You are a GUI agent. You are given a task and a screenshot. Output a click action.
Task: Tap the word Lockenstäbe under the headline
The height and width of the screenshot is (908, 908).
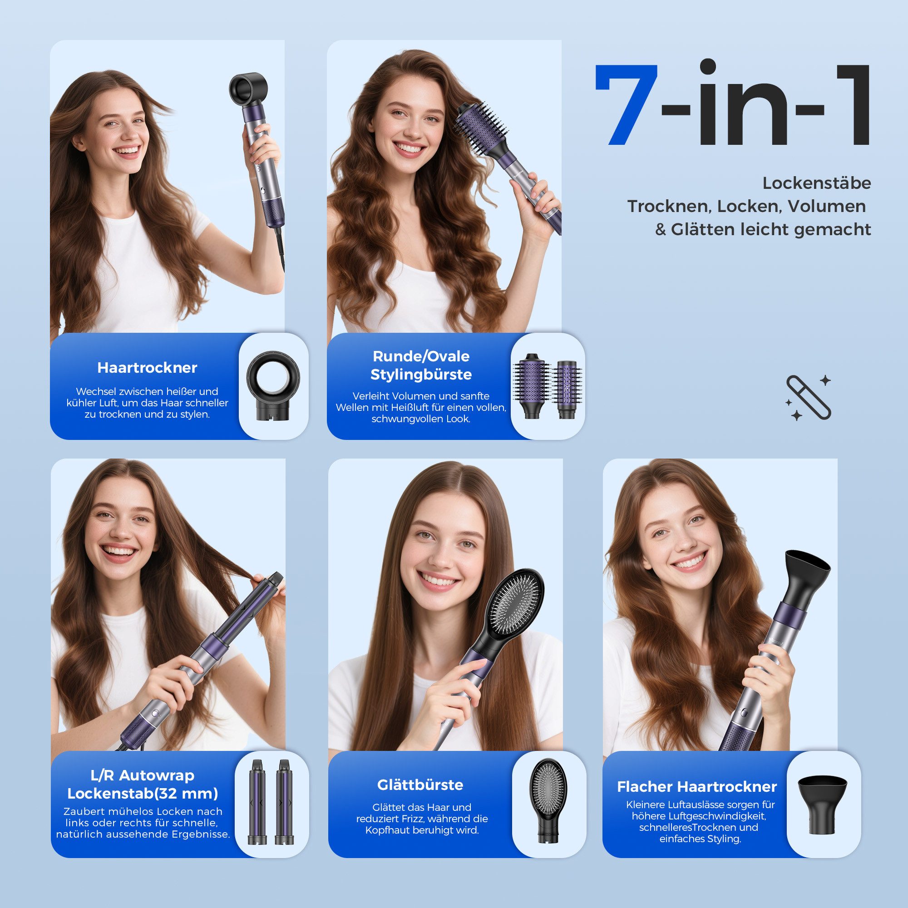(816, 183)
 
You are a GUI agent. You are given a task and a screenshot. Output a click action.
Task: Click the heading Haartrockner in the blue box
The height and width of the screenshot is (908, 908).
(147, 368)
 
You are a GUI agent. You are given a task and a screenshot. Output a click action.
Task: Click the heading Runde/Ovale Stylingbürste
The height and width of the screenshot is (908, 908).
(421, 365)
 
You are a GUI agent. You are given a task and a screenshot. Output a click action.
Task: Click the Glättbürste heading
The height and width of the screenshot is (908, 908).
(419, 785)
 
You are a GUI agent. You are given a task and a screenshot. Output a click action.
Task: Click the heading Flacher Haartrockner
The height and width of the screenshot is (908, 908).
(697, 787)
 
